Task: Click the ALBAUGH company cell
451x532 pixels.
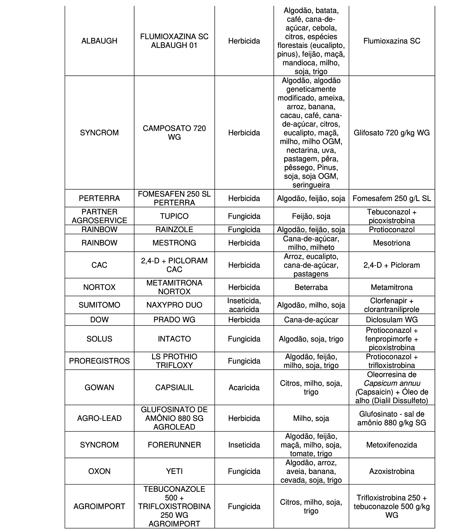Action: coord(99,41)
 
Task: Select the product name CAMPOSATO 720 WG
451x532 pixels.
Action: coord(174,133)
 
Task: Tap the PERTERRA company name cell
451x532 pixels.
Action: coord(99,198)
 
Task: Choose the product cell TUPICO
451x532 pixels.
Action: coord(174,216)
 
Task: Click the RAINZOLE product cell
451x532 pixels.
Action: coord(174,229)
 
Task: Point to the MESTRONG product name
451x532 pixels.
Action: coord(174,243)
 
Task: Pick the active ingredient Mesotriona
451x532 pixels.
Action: coord(392,243)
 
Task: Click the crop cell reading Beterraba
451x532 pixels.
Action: coord(311,287)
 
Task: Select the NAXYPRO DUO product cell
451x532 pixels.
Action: coord(174,305)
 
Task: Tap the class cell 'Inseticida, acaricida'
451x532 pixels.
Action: coord(244,305)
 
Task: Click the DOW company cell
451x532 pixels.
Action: coord(99,320)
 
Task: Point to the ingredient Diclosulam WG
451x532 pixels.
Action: coord(392,320)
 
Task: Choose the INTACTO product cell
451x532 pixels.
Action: coord(174,339)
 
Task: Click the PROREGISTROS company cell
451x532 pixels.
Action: coord(99,361)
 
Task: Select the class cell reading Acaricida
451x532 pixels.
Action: coord(244,387)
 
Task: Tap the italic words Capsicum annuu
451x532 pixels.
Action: coord(392,383)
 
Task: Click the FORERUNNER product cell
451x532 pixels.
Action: coord(174,445)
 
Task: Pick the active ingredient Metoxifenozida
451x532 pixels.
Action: coord(392,445)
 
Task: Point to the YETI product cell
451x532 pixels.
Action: coord(174,471)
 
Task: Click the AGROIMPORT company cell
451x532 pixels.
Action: coord(99,506)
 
